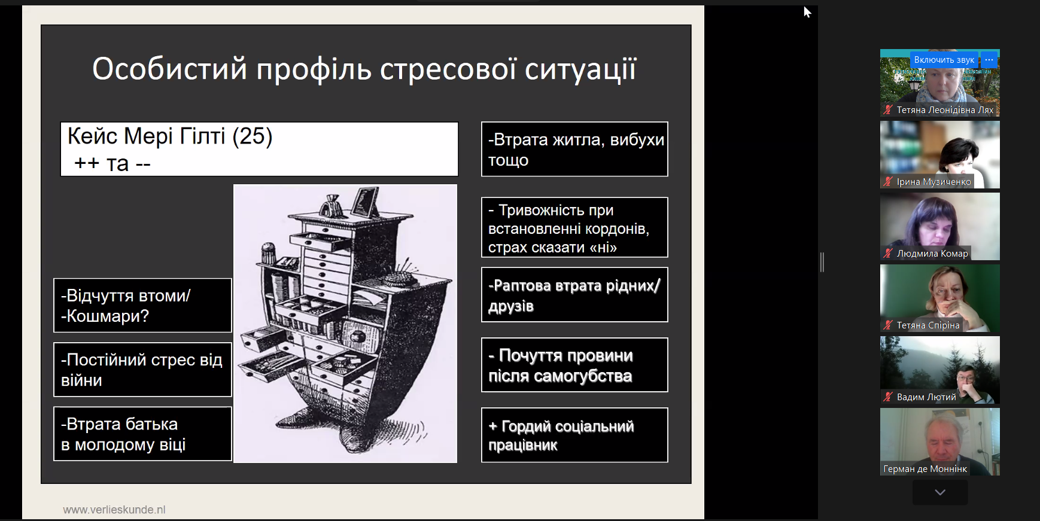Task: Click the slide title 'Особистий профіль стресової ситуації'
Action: (364, 69)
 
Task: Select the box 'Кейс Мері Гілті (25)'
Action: (259, 149)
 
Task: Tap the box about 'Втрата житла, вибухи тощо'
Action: (574, 149)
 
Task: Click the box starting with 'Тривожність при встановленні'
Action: (574, 227)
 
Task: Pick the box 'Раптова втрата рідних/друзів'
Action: (574, 295)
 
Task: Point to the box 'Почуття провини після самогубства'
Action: (574, 365)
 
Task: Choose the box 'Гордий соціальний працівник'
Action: (574, 435)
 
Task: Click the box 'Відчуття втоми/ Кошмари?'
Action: (142, 305)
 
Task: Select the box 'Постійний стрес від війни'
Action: (142, 370)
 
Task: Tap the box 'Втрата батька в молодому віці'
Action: (142, 434)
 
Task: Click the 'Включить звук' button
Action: (944, 60)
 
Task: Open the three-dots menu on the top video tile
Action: (989, 60)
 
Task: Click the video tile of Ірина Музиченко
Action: (940, 154)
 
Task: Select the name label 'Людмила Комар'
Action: (932, 254)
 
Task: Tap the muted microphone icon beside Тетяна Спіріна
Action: (888, 325)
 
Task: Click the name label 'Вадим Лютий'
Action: (926, 397)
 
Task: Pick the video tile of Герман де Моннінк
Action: (940, 441)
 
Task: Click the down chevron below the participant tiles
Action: (940, 492)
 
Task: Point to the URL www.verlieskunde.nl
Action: (114, 510)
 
